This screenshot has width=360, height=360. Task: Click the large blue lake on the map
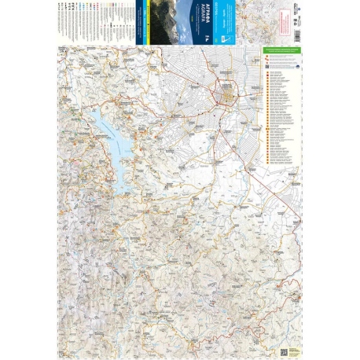pos(110,138)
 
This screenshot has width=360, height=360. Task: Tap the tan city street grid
pos(227,97)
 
